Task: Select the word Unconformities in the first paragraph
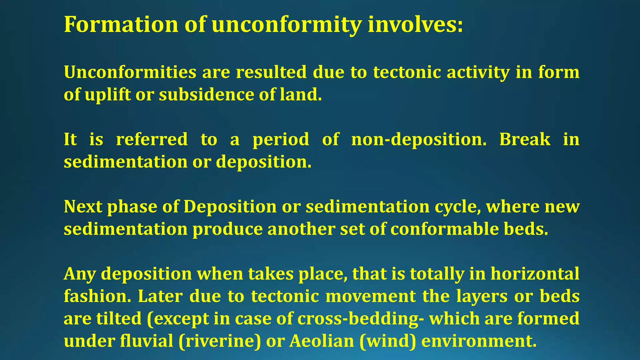coord(130,72)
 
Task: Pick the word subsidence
coord(207,95)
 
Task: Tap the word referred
coord(152,139)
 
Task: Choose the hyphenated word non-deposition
coord(419,139)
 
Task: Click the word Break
coord(525,139)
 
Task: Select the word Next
coord(83,207)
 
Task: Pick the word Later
coord(160,297)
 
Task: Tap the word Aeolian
coord(322,341)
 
